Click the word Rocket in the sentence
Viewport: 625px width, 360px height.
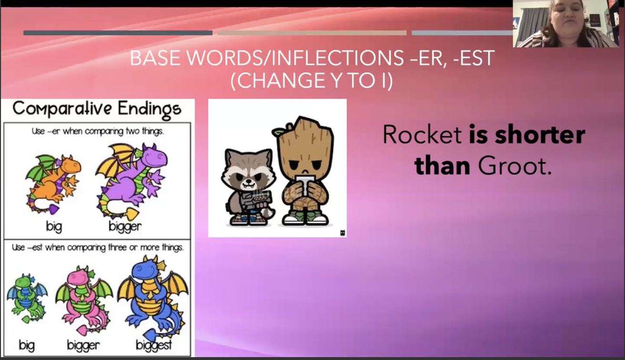pyautogui.click(x=422, y=135)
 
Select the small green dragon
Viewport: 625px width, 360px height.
pyautogui.click(x=27, y=299)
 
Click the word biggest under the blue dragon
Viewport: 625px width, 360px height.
pyautogui.click(x=154, y=346)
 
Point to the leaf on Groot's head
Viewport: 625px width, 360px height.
pyautogui.click(x=280, y=130)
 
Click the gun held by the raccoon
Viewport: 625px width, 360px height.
pyautogui.click(x=255, y=200)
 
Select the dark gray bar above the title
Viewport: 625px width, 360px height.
pyautogui.click(x=118, y=33)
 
